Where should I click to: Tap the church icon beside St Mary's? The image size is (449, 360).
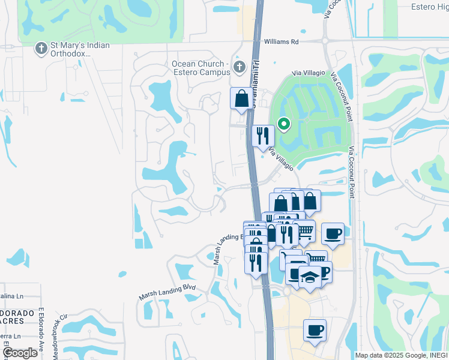click(x=41, y=47)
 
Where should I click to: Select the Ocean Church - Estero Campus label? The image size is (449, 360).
click(x=201, y=68)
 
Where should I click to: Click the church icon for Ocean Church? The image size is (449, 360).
click(x=240, y=67)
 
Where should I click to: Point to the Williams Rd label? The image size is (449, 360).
click(x=282, y=42)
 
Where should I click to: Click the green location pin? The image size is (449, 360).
click(x=283, y=124)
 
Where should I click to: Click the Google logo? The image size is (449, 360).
click(x=20, y=352)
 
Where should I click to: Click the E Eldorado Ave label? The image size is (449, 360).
click(x=42, y=330)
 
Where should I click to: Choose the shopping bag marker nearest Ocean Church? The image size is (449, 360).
click(x=241, y=98)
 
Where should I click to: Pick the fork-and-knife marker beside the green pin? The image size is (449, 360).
click(x=262, y=136)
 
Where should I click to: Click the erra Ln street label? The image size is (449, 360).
click(x=11, y=336)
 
